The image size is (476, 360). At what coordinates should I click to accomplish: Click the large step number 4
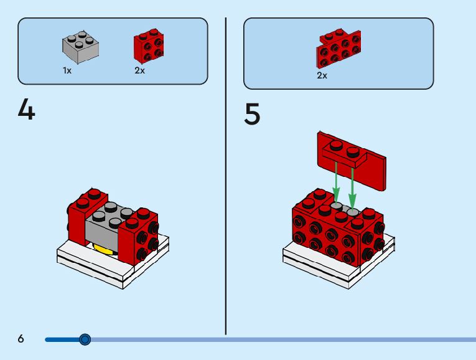[26, 111]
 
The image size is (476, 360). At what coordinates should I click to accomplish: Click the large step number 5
[252, 115]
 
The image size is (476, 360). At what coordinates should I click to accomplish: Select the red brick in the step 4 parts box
[149, 48]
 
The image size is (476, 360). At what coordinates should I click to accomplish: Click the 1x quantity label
[67, 71]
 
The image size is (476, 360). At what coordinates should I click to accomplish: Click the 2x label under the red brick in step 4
[139, 71]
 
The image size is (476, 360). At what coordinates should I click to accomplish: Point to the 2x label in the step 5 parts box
[322, 75]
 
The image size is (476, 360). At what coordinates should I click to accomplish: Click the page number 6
[21, 339]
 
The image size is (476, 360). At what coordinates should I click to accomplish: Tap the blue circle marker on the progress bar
[85, 339]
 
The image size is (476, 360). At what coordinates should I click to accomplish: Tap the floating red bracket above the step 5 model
[352, 159]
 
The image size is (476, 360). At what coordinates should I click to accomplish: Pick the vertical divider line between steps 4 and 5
[225, 174]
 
